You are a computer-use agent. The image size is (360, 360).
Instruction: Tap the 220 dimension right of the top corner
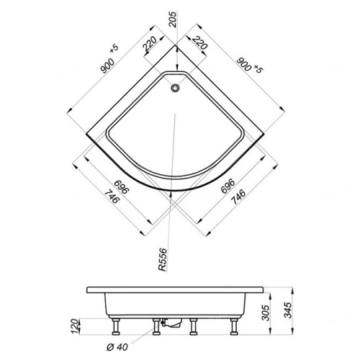[200, 45]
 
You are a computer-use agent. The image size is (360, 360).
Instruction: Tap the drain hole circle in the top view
[175, 88]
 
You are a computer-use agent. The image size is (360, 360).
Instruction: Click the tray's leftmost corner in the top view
[86, 133]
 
